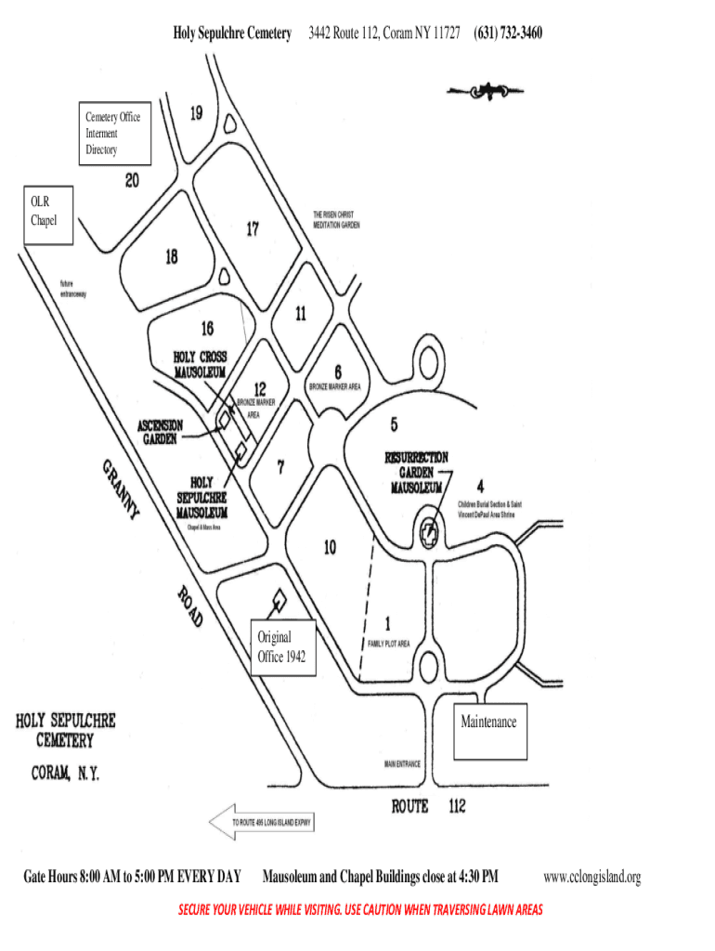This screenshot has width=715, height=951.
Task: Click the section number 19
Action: coord(197,114)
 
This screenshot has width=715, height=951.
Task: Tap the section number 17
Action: coord(253,228)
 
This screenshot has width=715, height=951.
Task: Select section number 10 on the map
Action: coord(330,548)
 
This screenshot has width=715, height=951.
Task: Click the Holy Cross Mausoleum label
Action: coord(200,364)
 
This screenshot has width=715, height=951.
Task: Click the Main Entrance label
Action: coord(402,764)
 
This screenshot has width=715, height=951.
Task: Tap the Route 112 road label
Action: coord(428,806)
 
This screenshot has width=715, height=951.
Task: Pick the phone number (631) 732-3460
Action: coord(508,33)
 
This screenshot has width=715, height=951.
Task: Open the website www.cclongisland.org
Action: coord(592,877)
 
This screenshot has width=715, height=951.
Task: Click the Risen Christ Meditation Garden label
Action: coord(336,219)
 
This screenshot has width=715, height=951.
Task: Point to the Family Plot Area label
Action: coord(388,644)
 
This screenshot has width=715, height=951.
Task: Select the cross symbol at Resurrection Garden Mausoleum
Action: coord(428,534)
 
